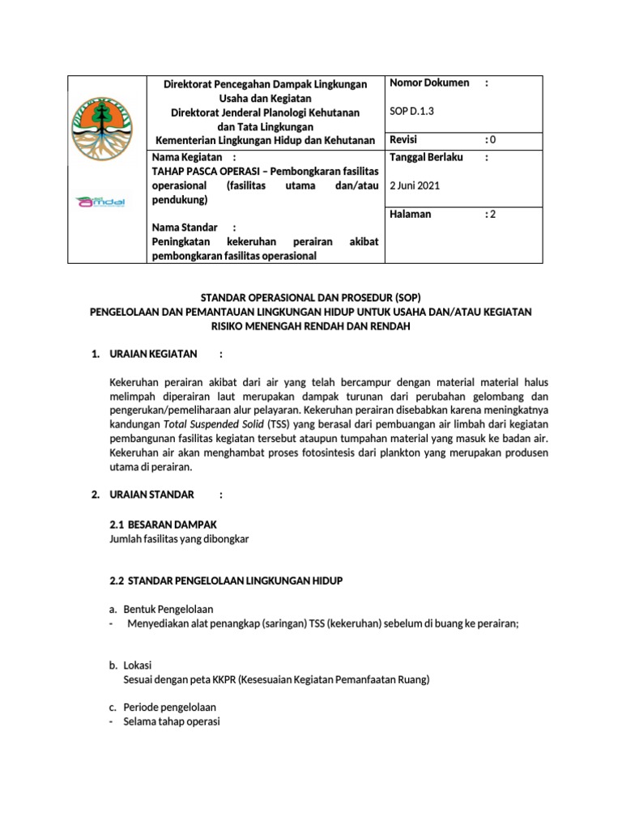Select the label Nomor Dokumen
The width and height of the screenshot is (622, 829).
[x=429, y=83]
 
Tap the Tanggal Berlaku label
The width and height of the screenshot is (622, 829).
[x=426, y=157]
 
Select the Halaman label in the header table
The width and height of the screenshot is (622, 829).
[x=411, y=215]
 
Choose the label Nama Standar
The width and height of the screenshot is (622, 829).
[x=185, y=227]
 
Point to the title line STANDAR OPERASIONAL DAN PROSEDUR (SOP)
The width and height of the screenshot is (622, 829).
[x=311, y=297]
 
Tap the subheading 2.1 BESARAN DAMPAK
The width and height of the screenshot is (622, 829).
[x=162, y=524]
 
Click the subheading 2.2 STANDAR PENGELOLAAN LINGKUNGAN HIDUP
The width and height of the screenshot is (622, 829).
[x=226, y=581]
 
